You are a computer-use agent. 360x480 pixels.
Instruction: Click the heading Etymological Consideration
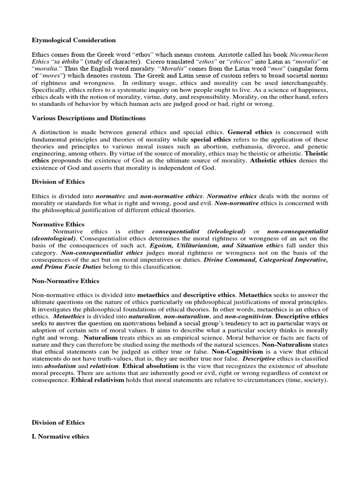click(74, 40)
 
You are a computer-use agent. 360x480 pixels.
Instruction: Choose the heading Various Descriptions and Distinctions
click(89, 118)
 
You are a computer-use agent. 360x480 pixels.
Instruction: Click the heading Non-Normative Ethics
click(65, 281)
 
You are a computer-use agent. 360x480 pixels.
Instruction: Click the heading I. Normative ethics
click(60, 436)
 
